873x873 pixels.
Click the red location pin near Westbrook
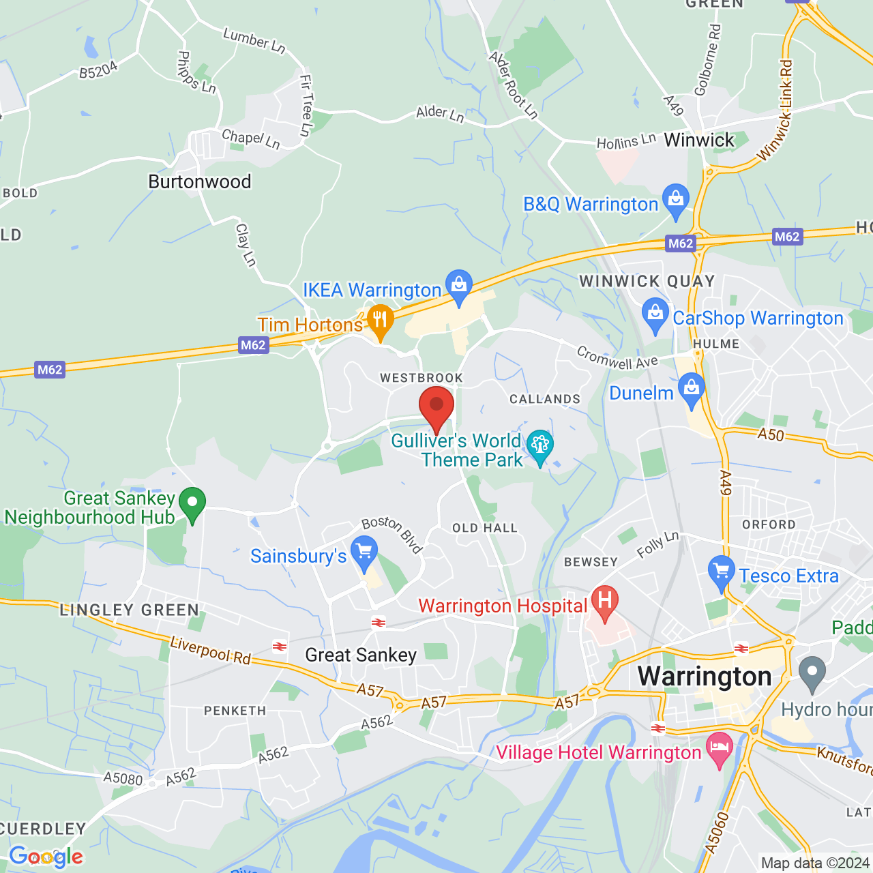[436, 406]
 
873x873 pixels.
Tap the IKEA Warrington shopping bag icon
[459, 285]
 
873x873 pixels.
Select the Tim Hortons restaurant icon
[380, 320]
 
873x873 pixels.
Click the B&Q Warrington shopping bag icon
[676, 200]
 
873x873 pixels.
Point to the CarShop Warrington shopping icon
[655, 314]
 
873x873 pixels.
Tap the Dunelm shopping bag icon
[692, 389]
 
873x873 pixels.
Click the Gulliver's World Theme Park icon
[540, 446]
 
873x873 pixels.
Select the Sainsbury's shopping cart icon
[364, 551]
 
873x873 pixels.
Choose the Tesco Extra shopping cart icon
[721, 572]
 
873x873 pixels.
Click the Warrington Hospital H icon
[604, 602]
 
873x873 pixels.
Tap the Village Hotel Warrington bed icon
[719, 748]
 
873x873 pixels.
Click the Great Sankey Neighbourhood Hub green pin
[192, 503]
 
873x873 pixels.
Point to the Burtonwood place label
[200, 181]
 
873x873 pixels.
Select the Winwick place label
[699, 140]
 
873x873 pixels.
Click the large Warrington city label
[705, 677]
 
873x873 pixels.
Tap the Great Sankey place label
[361, 655]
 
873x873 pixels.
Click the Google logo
[46, 857]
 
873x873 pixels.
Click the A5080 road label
[123, 778]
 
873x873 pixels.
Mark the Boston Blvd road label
[393, 533]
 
